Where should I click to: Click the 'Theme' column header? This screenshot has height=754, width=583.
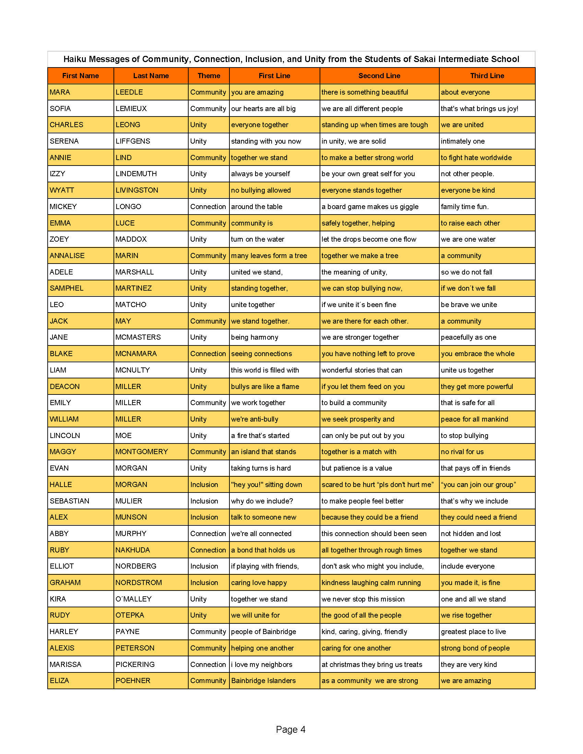coord(209,76)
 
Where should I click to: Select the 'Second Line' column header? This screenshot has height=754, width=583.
coord(379,76)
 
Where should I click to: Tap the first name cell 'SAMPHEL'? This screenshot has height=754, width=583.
coord(67,288)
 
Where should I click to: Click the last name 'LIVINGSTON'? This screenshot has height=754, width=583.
coord(137,190)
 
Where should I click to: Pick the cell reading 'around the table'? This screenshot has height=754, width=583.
coord(257,206)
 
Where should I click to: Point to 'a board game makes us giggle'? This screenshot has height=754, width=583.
coord(370,206)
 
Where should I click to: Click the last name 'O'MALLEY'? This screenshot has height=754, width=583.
coord(134,599)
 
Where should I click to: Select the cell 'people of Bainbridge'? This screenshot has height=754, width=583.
coord(263,631)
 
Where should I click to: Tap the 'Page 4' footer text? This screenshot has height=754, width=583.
coord(290,729)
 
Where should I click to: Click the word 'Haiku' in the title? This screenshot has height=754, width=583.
coord(75,59)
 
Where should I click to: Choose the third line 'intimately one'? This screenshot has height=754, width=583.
coord(463,141)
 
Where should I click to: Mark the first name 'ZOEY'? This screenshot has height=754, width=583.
coord(59,239)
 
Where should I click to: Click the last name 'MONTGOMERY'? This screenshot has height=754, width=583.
coord(142,452)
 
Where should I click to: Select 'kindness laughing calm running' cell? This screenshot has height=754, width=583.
coord(371,582)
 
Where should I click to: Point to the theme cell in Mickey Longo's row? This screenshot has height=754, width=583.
coord(208,206)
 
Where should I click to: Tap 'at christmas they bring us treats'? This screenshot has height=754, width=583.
coord(372,664)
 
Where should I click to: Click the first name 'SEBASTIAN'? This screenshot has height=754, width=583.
coord(69,501)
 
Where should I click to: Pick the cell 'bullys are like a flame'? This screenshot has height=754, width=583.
coord(265,386)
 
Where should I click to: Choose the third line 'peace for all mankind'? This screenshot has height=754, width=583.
coord(474,419)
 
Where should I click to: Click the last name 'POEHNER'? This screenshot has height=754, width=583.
coord(133,680)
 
